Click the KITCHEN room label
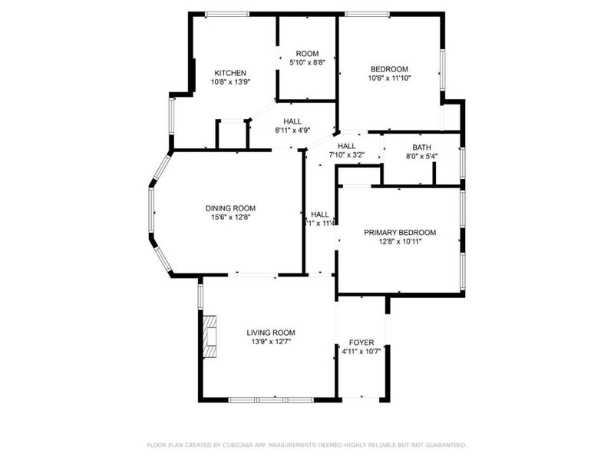click(x=229, y=73)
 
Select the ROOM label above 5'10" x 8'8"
click(x=307, y=54)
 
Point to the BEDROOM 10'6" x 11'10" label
click(x=389, y=68)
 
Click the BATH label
click(x=421, y=148)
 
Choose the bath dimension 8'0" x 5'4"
click(x=421, y=156)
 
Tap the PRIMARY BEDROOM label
click(x=400, y=233)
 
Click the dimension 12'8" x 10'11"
click(x=400, y=241)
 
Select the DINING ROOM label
click(x=230, y=208)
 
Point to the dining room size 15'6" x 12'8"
click(x=230, y=217)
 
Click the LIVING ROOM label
click(x=269, y=333)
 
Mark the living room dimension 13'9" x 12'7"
click(x=269, y=341)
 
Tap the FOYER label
click(x=361, y=343)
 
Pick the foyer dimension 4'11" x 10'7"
click(x=361, y=351)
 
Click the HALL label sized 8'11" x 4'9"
click(x=292, y=121)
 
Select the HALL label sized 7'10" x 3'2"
click(x=346, y=146)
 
